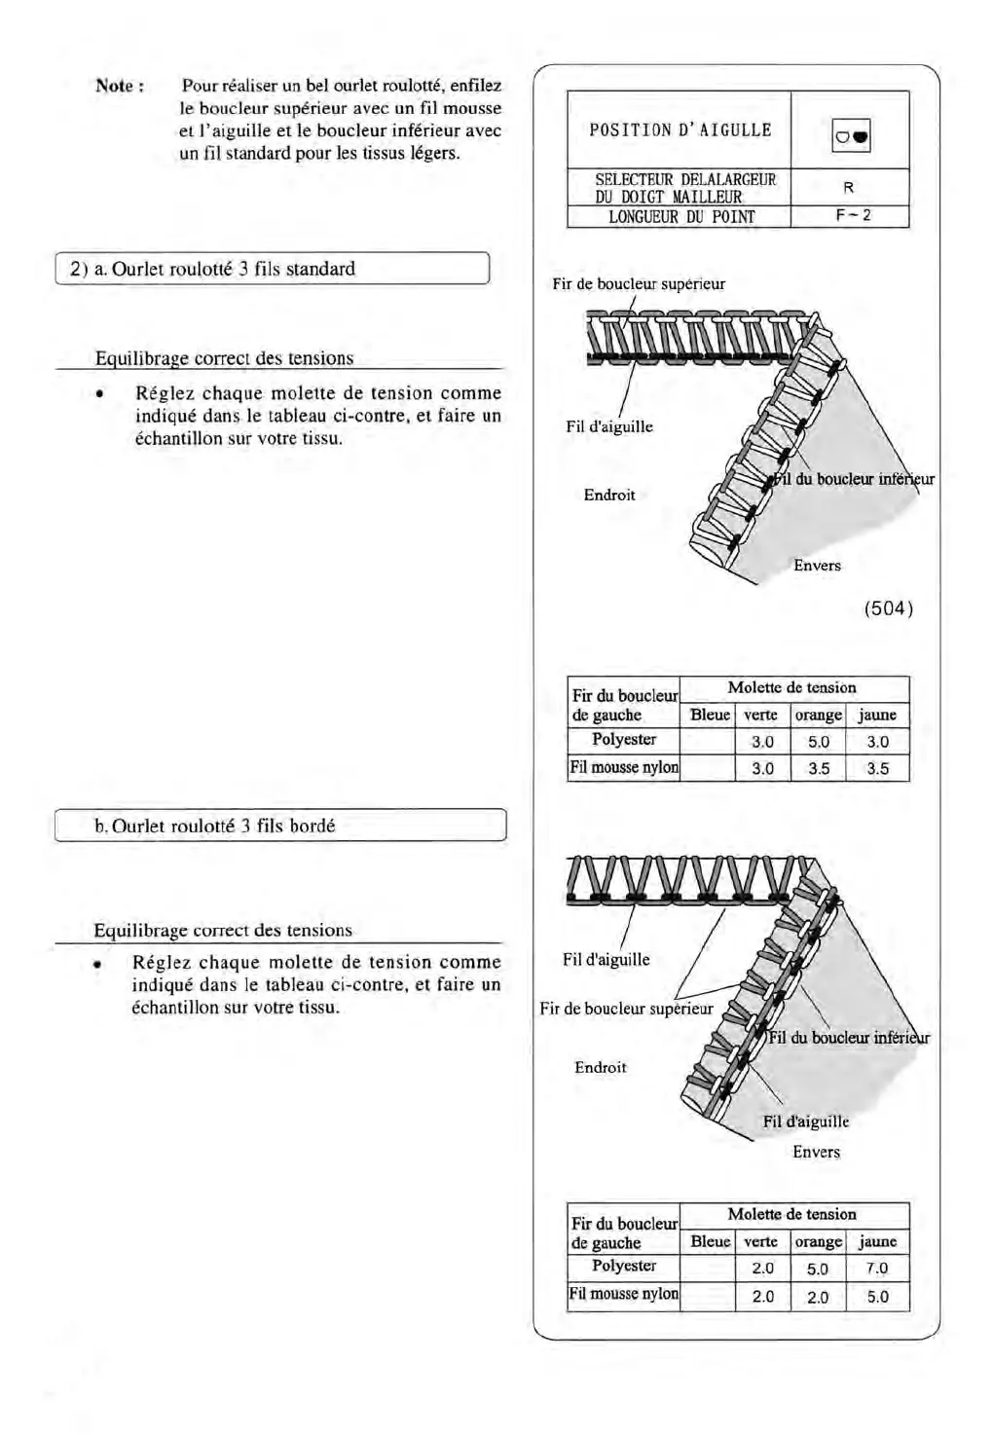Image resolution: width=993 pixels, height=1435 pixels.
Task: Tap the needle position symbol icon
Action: click(850, 139)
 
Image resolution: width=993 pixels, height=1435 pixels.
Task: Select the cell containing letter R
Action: click(849, 187)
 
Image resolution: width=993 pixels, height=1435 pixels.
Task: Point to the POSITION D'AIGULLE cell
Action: click(680, 129)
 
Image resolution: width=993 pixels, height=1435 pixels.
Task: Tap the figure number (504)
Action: click(888, 608)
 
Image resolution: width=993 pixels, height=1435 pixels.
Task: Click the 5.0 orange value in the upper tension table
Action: click(818, 742)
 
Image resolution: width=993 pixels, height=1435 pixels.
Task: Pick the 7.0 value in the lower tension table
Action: click(877, 1269)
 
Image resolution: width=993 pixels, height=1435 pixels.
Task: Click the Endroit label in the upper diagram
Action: click(609, 495)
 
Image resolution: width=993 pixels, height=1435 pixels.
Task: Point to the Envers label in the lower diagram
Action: click(816, 1152)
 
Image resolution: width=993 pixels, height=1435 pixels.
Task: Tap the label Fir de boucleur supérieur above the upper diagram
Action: click(638, 284)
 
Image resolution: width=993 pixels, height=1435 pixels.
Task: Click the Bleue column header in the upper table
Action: click(710, 715)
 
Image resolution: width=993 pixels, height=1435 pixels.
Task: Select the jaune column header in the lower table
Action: click(877, 1241)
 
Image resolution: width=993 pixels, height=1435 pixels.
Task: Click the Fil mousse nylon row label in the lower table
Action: click(624, 1294)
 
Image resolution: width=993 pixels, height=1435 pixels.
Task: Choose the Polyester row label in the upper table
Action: click(624, 739)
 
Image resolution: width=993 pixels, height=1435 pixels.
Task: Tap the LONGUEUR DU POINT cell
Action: click(680, 216)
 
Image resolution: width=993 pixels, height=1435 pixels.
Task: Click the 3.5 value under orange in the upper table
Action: click(818, 768)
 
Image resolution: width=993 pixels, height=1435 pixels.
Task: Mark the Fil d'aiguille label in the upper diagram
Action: click(609, 426)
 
